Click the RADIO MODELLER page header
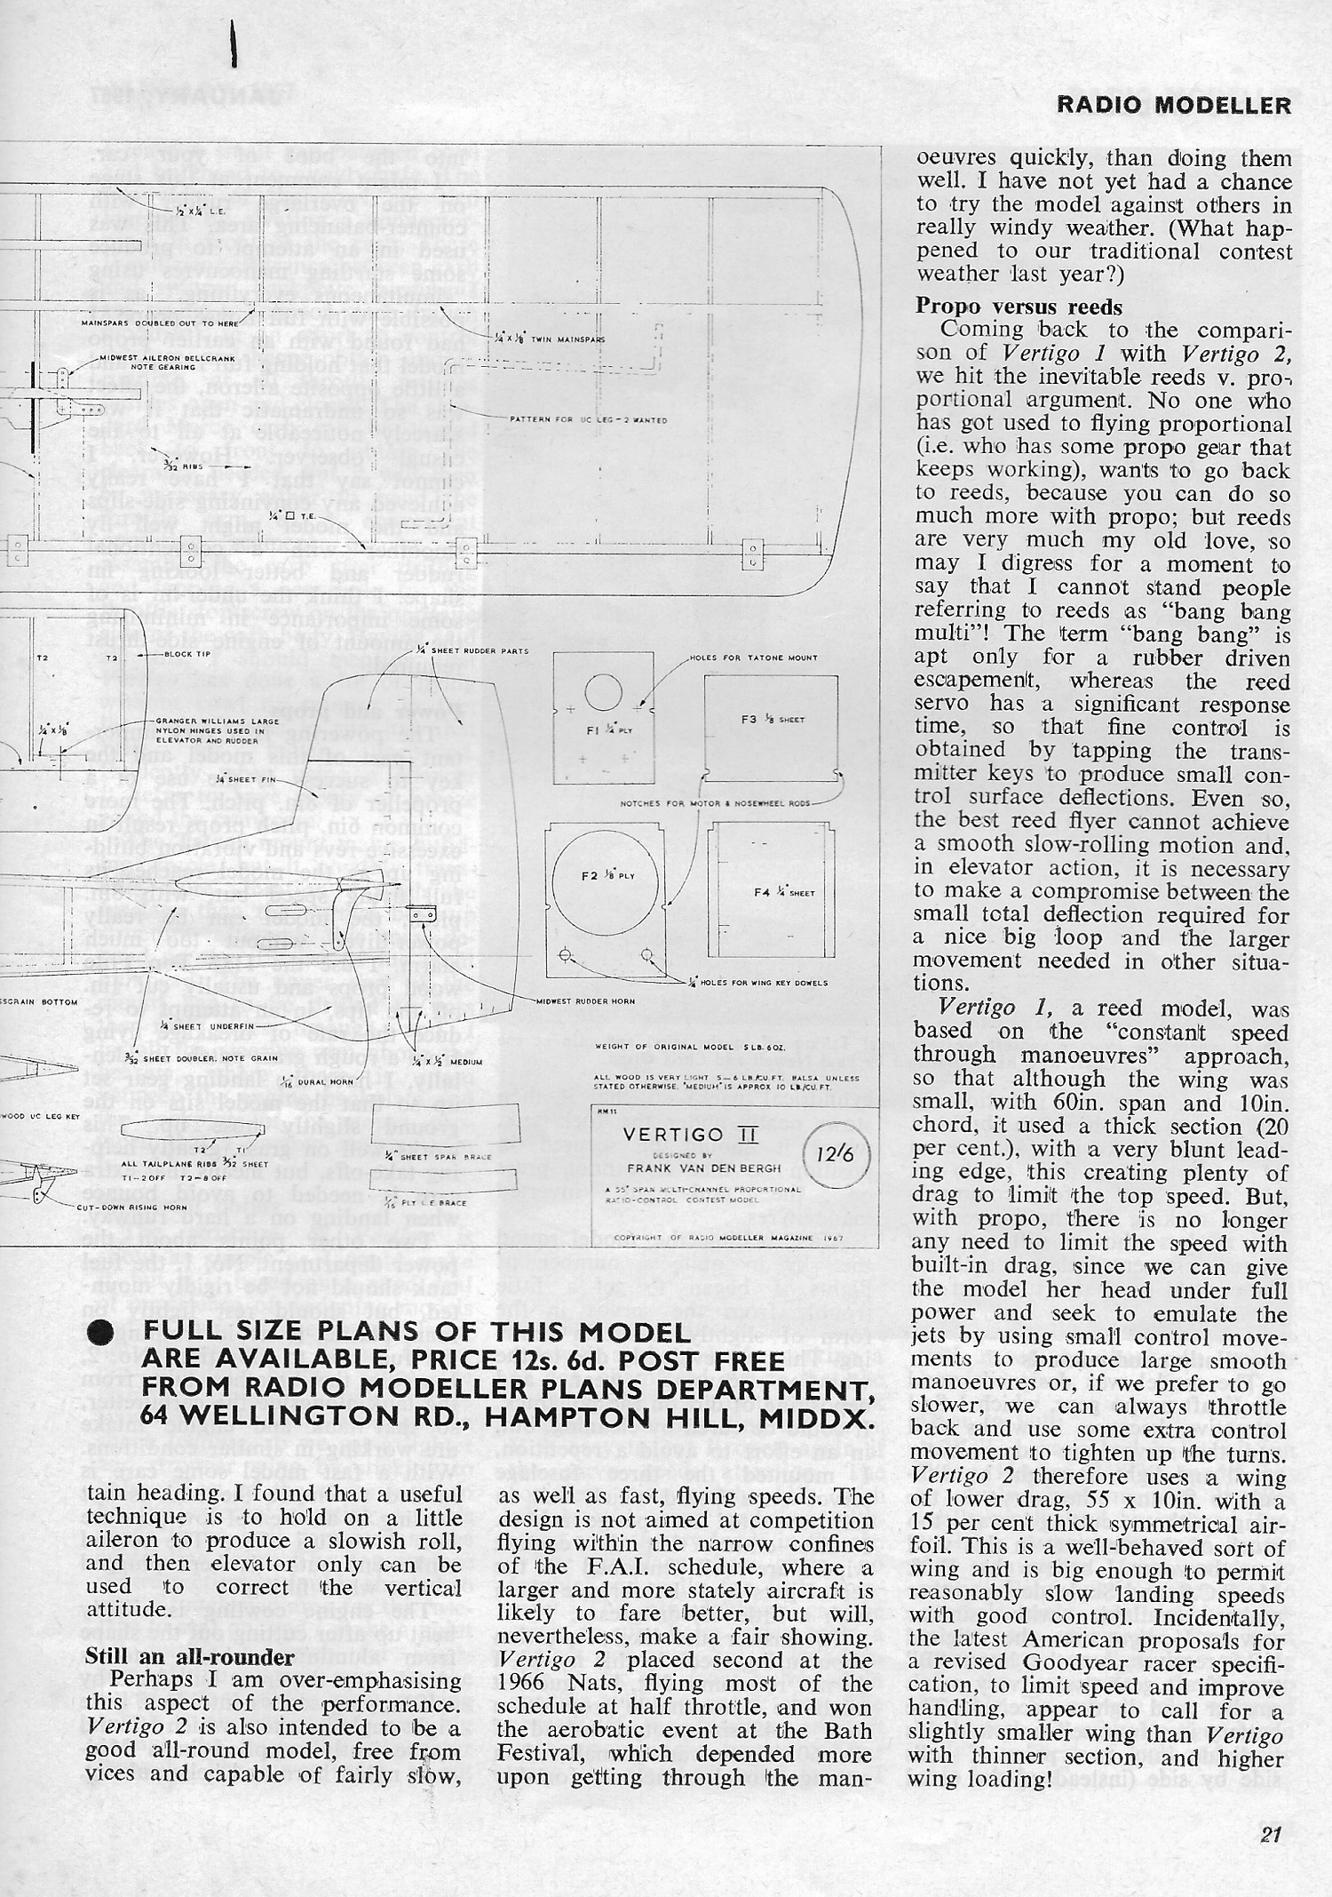click(x=1174, y=106)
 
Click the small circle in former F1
click(x=604, y=692)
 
